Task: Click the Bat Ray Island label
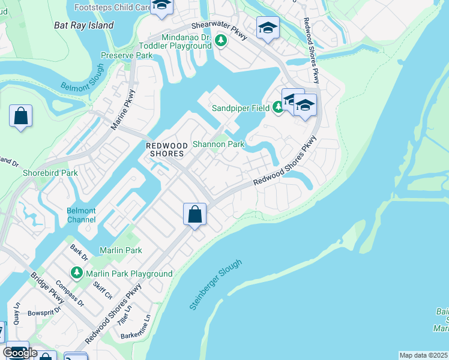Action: click(x=83, y=26)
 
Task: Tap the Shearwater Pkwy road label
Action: click(x=219, y=31)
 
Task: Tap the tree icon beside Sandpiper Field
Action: click(x=277, y=108)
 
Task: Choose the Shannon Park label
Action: click(x=218, y=144)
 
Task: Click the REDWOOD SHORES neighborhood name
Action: click(x=165, y=149)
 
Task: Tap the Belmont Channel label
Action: click(x=81, y=215)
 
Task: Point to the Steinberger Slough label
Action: click(x=215, y=285)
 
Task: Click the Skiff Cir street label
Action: click(x=103, y=289)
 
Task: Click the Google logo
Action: click(x=20, y=353)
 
